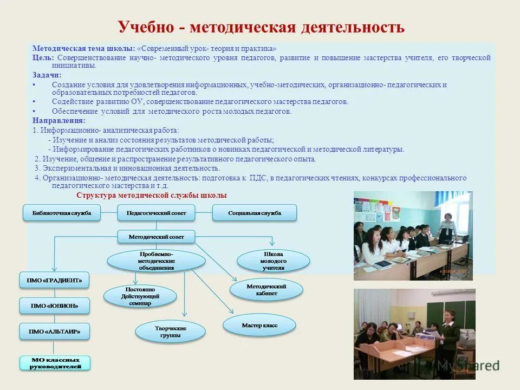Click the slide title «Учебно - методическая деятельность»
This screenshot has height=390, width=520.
261,27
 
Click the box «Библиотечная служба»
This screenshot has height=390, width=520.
62,213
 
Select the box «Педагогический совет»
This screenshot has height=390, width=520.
156,213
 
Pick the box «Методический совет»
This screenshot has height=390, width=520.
156,237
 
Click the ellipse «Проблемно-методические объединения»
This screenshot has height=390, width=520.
156,261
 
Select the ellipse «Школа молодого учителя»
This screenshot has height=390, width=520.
274,261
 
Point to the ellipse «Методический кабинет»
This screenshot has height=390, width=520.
266,289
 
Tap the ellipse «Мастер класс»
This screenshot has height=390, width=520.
259,325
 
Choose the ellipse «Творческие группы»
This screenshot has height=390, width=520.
170,331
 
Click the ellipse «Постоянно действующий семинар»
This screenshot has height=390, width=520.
140,296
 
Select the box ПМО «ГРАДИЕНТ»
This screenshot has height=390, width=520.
54,281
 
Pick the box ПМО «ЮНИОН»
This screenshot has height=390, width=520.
54,305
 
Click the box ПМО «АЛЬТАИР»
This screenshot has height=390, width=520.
54,331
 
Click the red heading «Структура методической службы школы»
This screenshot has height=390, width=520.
152,196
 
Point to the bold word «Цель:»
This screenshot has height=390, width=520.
43,57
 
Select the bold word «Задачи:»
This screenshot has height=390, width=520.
47,75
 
